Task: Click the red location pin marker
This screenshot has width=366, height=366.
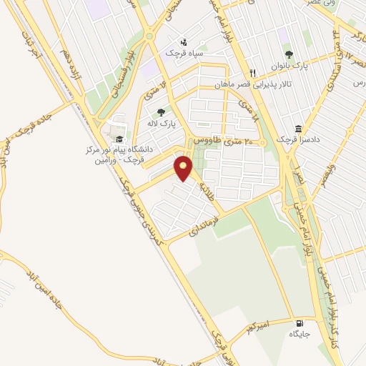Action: pos(184,169)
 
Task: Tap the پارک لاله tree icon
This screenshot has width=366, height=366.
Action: pos(161,112)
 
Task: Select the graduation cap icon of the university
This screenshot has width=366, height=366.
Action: pos(119,138)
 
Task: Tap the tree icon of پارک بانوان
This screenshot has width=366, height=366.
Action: pos(289,54)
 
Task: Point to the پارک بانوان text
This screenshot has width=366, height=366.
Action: pos(288,65)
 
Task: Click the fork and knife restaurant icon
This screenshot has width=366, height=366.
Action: pos(252,73)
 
